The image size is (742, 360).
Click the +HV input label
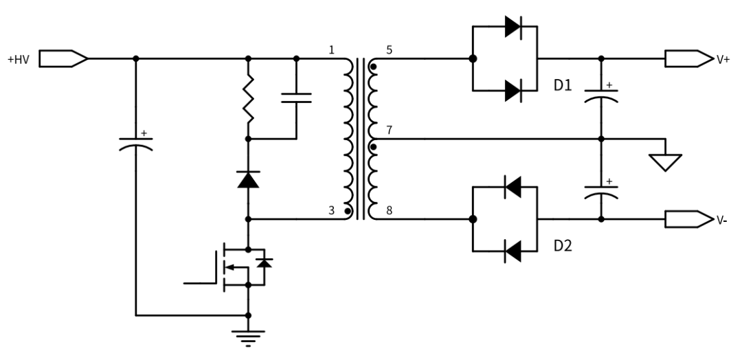(19, 60)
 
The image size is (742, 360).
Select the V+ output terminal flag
(688, 58)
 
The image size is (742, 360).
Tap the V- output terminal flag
(688, 219)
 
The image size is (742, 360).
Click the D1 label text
(563, 85)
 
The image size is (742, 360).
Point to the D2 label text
(563, 245)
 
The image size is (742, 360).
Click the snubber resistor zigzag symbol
(248, 99)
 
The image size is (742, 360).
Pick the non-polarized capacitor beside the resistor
(296, 98)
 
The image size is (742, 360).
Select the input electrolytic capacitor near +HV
(136, 142)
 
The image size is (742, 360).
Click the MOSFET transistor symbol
(236, 267)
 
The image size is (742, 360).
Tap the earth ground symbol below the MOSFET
(248, 338)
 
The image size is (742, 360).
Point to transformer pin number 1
(332, 49)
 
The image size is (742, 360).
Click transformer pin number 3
(331, 210)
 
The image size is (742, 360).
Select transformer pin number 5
(389, 50)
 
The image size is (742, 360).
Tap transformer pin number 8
(389, 211)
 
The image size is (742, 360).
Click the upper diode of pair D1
(513, 27)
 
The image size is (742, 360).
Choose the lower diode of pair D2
(513, 251)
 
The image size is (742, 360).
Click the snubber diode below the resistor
(248, 179)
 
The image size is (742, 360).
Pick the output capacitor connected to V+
(601, 95)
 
